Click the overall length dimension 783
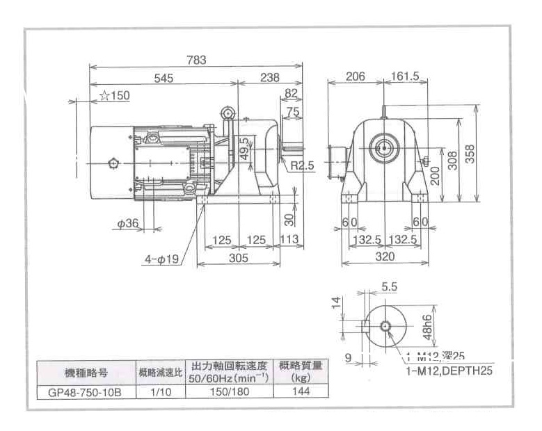tap(196, 60)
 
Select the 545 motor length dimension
tap(163, 79)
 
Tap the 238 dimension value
tap(270, 79)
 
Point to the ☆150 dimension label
tap(115, 96)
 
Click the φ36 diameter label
tap(129, 224)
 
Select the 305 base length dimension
tap(239, 257)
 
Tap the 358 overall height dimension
tap(470, 155)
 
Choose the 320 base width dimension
tap(385, 257)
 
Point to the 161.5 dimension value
tap(406, 77)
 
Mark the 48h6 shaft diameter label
tap(428, 325)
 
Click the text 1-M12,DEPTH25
tap(449, 371)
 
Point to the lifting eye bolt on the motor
tap(228, 113)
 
